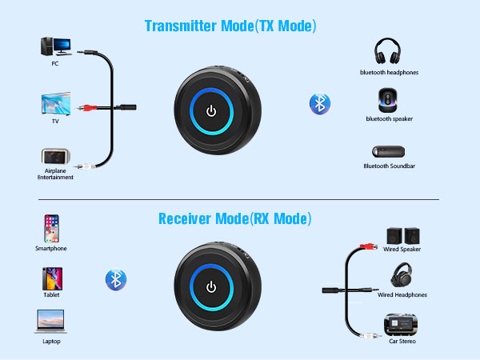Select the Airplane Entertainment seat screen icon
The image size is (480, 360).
coord(54,158)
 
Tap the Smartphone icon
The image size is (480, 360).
coord(50,229)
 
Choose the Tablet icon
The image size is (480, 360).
coord(50,278)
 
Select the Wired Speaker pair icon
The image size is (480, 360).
coord(402,236)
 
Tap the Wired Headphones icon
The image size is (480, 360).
coord(402,276)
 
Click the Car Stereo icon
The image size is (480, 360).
coord(402,324)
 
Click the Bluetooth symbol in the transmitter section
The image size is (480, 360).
coord(321,103)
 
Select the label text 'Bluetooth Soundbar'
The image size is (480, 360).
coord(390,166)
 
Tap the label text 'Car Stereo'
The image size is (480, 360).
coord(402,341)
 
